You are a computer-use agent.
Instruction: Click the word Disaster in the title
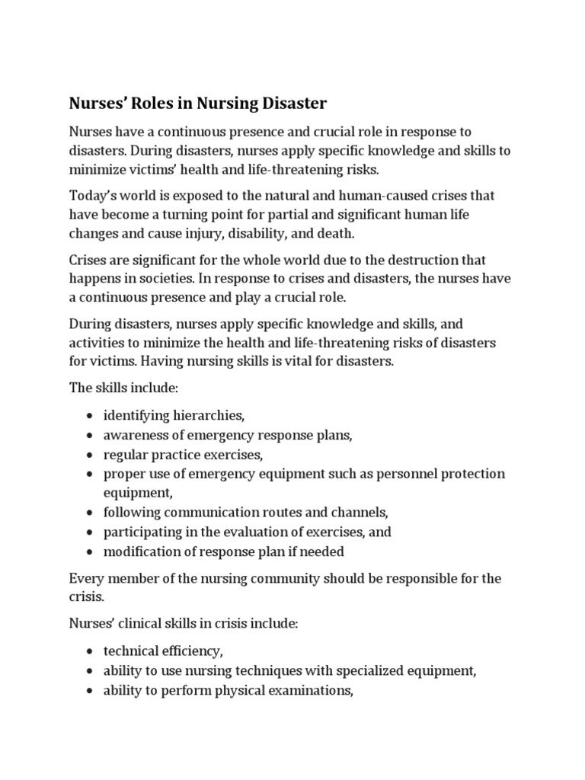(283, 103)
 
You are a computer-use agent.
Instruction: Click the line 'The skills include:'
(123, 388)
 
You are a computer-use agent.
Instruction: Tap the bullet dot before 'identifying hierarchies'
(91, 417)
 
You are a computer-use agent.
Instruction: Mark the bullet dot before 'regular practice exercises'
(91, 456)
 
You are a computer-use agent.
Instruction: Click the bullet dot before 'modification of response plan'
(91, 551)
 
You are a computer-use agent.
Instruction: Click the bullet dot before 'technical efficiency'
(91, 652)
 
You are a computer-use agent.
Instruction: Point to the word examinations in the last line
(311, 691)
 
